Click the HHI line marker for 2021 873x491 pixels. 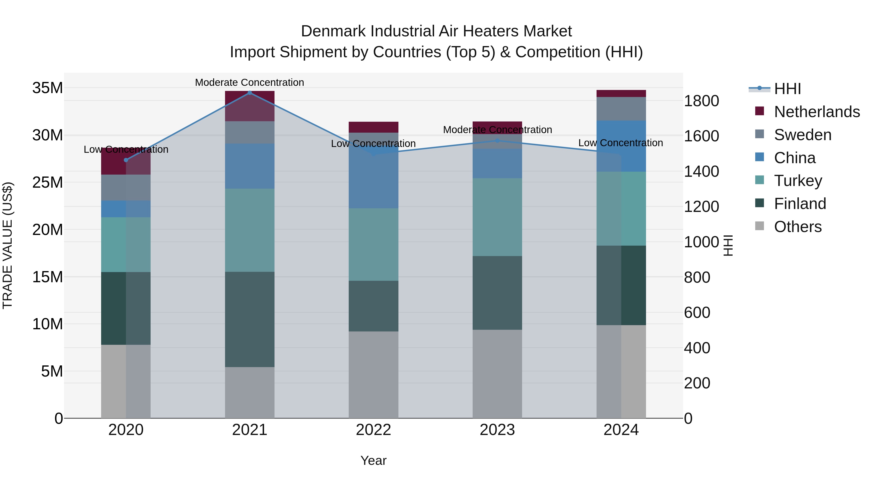point(250,93)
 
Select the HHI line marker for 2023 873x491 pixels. point(497,140)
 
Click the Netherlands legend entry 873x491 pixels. point(817,112)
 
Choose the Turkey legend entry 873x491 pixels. point(798,181)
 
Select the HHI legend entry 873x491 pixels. point(787,89)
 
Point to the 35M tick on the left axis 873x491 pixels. point(48,88)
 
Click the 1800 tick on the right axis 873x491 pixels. point(701,101)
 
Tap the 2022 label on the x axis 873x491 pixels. point(373,430)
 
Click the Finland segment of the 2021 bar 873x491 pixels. point(250,319)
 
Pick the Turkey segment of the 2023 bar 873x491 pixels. point(497,217)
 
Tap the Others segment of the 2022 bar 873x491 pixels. point(373,374)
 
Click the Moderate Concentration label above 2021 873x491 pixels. point(250,82)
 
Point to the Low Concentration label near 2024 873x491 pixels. point(621,143)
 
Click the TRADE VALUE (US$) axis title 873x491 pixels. point(8,245)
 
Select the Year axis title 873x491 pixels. point(373,460)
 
